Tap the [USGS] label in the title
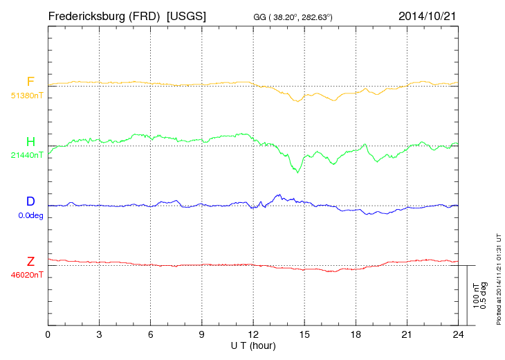coord(186,15)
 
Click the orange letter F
coord(30,82)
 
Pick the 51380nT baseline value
coord(27,96)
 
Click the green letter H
coord(30,142)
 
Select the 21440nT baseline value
coord(27,155)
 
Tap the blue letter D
coord(30,201)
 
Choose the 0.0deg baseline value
coord(27,215)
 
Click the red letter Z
coord(30,262)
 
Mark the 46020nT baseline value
coord(27,275)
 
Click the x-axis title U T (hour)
coord(253,345)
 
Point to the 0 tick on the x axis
coord(48,334)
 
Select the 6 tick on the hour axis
coord(151,334)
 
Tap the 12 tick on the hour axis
coord(253,334)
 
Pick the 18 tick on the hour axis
coord(356,334)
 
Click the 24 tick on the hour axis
coord(458,334)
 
